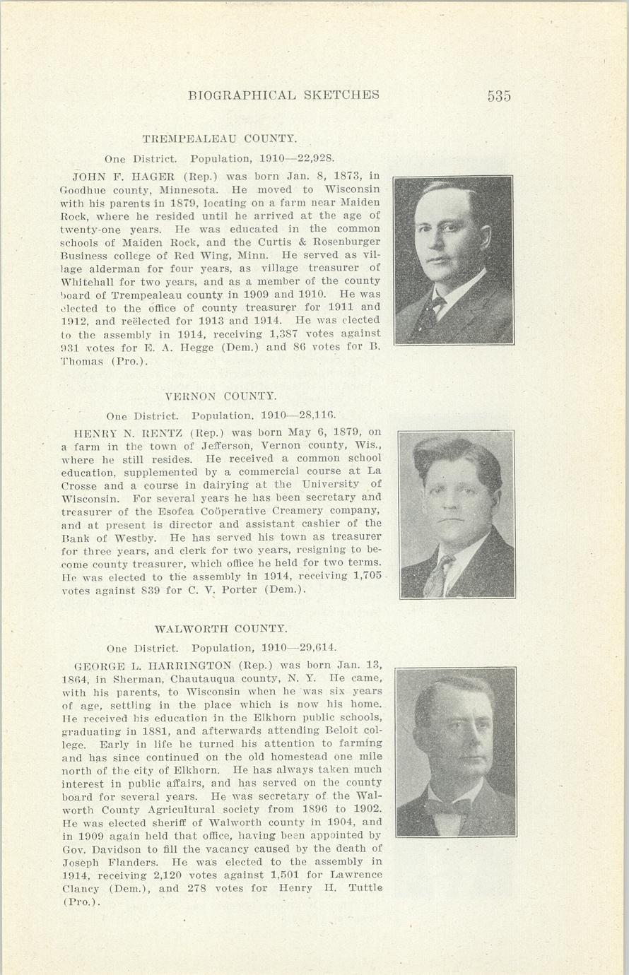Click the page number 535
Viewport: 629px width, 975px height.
pos(498,96)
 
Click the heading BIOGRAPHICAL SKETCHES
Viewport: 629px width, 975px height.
pos(284,95)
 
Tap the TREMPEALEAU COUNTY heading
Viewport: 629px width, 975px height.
pos(219,138)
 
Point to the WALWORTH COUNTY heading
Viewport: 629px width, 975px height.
pos(221,628)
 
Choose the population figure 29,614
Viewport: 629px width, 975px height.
pos(317,648)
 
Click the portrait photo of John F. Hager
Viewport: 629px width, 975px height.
pos(454,260)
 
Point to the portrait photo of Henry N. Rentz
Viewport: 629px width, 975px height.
pos(457,514)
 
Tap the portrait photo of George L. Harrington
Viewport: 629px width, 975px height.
pos(456,752)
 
